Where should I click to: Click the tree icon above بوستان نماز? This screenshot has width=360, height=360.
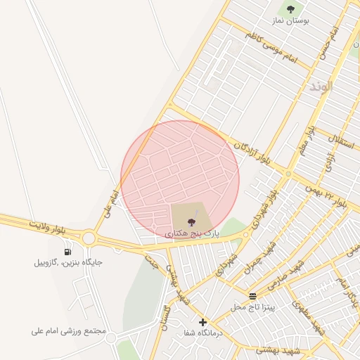click(x=290, y=9)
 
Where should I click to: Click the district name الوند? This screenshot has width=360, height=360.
click(x=319, y=86)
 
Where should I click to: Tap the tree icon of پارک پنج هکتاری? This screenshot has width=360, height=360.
click(x=191, y=222)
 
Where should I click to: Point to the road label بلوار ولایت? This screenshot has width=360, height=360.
click(x=49, y=227)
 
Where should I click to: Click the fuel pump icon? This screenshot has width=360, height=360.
click(x=67, y=252)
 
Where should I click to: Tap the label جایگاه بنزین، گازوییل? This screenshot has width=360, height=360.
click(x=68, y=262)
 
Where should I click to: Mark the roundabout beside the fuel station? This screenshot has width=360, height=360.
click(x=89, y=238)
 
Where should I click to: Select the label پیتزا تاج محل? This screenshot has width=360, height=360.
click(x=257, y=307)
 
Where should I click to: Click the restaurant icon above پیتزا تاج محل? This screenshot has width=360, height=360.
click(x=252, y=296)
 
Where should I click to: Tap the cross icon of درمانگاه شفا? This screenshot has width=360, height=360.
click(x=202, y=322)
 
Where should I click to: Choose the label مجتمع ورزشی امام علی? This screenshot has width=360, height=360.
click(x=68, y=330)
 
